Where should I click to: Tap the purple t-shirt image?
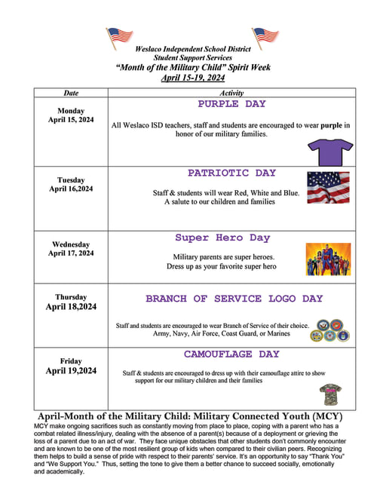coord(329,152)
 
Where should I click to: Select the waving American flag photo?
coord(328,188)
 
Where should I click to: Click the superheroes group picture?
coord(328,259)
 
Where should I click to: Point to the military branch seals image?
coord(330,330)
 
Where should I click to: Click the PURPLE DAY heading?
coord(231,104)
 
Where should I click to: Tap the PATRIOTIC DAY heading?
coord(231,173)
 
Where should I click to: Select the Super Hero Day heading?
coord(222,238)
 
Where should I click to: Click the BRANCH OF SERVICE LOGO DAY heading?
coord(234,299)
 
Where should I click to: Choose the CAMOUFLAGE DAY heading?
coord(231,354)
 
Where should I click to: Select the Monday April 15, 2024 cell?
coord(71,115)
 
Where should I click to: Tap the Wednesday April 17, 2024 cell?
coord(71,249)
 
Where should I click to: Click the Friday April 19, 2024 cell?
coord(71,366)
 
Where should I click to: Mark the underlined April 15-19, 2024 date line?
coord(193,77)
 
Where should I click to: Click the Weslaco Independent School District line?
coord(193,48)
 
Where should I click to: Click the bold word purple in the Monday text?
coord(332,124)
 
